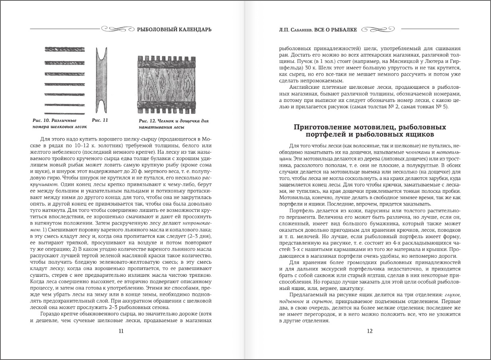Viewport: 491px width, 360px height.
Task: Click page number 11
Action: (121, 331)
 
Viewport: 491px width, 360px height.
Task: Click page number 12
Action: (369, 331)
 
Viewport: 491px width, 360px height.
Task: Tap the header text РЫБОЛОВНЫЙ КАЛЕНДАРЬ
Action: (174, 29)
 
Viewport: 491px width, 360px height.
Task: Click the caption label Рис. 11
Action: (100, 119)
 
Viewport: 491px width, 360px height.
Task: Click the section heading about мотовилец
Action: (369, 131)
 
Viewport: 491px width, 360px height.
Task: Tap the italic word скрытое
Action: (328, 302)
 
